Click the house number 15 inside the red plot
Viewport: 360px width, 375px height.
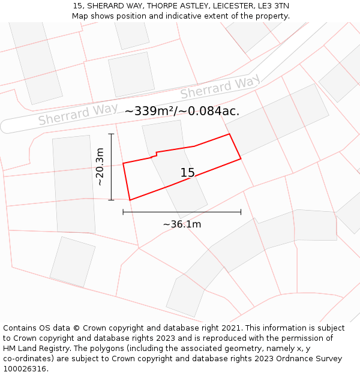tap(187, 173)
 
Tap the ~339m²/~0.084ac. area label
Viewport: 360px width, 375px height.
tap(182, 111)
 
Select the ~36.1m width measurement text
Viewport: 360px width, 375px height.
tap(182, 224)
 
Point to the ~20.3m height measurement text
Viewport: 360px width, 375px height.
tap(100, 167)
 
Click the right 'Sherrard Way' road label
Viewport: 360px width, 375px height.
tap(220, 88)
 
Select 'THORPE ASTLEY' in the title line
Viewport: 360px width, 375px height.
tap(169, 6)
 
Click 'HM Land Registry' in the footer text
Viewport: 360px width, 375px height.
tap(35, 348)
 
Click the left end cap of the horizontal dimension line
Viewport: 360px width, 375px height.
tap(123, 212)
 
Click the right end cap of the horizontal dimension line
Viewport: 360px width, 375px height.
tap(241, 212)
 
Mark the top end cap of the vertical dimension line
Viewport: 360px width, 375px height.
tap(111, 134)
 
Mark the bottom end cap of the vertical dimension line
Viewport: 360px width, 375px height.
tap(111, 200)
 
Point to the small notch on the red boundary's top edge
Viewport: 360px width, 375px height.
tap(156, 155)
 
